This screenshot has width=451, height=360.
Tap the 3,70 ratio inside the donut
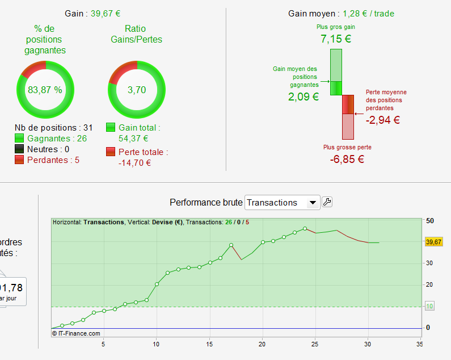tap(137, 90)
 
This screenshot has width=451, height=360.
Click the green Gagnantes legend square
tap(19, 139)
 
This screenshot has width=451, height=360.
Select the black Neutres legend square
tap(19, 149)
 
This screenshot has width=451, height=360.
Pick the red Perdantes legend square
tap(19, 160)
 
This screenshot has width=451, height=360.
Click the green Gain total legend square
tap(111, 128)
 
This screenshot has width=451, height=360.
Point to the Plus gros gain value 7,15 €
tap(336, 39)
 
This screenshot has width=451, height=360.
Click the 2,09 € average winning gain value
tap(304, 97)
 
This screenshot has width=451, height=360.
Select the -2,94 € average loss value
tap(383, 120)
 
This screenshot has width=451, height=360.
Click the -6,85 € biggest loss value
tap(347, 159)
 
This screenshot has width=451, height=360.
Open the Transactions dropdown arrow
tap(312, 203)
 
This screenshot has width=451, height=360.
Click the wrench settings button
tap(327, 202)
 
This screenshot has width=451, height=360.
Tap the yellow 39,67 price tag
tap(433, 242)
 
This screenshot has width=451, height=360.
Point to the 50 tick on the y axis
tap(430, 220)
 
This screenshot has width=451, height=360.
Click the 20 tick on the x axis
tap(263, 344)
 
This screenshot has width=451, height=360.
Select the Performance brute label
tap(205, 203)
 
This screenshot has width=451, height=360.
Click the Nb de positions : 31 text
tap(53, 128)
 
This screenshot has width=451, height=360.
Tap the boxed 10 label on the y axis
tap(430, 306)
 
